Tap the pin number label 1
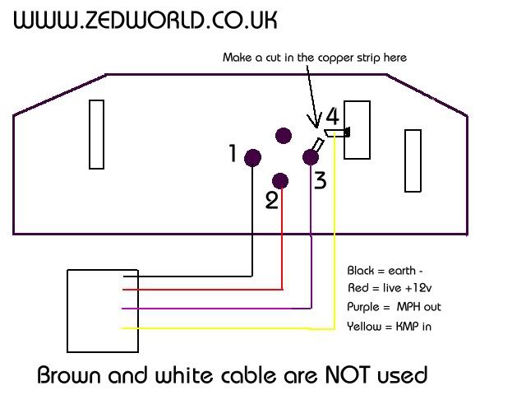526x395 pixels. (x=233, y=153)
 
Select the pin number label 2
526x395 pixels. (x=271, y=200)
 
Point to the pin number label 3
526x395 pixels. (x=320, y=179)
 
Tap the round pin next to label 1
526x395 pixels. (x=252, y=156)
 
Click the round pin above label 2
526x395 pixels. (x=281, y=180)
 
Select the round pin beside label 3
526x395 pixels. (x=311, y=156)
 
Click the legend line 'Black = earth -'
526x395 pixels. (x=385, y=271)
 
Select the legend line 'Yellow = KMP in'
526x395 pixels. (x=389, y=327)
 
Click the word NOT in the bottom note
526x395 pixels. (x=336, y=375)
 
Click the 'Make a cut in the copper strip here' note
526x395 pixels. (x=315, y=58)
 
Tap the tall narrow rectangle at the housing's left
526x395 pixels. (x=96, y=134)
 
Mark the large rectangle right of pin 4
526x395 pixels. (x=358, y=129)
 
